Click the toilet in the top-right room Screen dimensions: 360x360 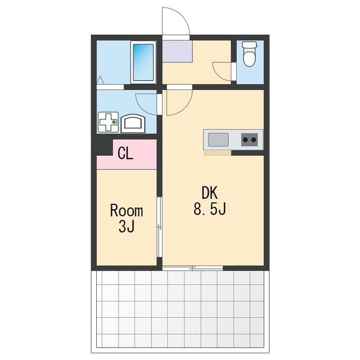point(249,54)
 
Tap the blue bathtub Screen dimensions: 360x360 point(143,62)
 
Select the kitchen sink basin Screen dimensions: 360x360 point(218,139)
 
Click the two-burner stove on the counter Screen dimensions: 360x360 point(249,139)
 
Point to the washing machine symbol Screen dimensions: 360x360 point(108,122)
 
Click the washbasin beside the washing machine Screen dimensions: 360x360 point(133,123)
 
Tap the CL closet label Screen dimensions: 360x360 point(125,153)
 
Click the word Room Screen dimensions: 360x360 point(127,210)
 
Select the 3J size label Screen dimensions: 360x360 point(127,226)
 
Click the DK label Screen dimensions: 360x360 point(209,193)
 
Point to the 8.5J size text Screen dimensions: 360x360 point(210,209)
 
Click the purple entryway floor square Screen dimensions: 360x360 point(177,51)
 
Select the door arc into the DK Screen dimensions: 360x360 point(184,108)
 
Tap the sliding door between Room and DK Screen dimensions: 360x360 point(159,227)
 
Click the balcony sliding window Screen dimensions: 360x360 point(192,268)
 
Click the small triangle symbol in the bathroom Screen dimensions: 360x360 point(100,80)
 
